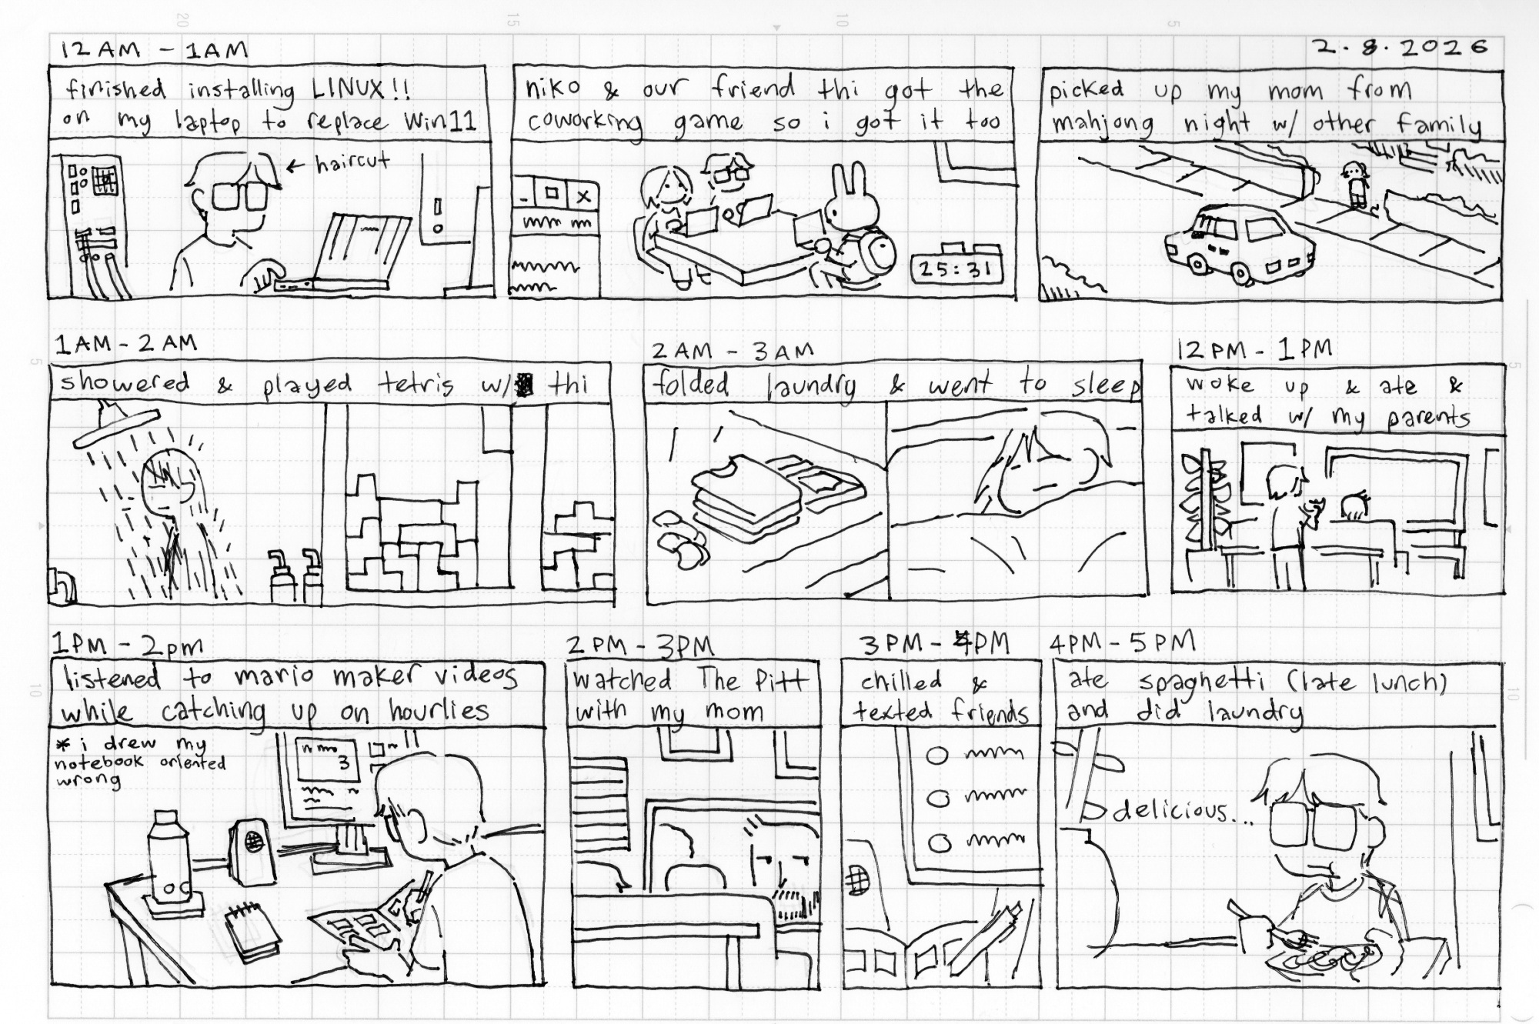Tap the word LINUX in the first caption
tap(347, 90)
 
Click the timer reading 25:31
tap(956, 269)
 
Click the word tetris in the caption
tap(416, 384)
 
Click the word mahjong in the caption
tap(1102, 123)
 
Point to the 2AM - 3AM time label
tap(732, 352)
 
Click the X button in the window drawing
tap(583, 195)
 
